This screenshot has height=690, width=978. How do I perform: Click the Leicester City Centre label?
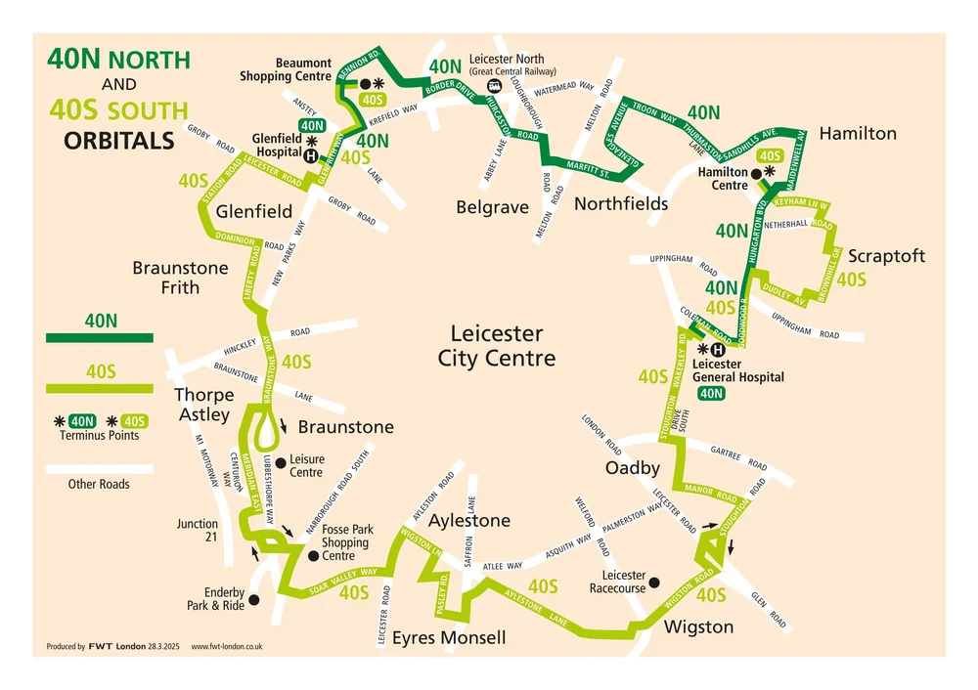pos(496,346)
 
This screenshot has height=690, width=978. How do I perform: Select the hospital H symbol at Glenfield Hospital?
pos(311,155)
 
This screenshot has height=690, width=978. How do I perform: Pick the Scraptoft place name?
pos(886,256)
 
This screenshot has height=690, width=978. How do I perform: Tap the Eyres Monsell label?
pos(449,638)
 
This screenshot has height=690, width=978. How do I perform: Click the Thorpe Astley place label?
pos(203,405)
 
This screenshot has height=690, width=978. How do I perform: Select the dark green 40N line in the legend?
pos(100,337)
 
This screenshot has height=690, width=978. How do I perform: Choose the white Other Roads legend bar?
pos(100,468)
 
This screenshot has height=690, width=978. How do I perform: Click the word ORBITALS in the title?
pos(119,141)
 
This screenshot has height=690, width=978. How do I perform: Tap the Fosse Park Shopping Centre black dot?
pos(313,555)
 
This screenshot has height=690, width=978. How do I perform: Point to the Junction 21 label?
pos(198,531)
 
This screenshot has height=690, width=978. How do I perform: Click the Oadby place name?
pos(633,468)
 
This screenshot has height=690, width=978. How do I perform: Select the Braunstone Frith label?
pos(180,278)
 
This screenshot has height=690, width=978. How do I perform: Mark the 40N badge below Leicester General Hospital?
pos(711,394)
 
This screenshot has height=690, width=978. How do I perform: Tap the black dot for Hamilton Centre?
pos(757,172)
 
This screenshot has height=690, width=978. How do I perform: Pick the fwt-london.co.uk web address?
pos(226,647)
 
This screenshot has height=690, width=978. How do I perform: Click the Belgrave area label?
pos(492,207)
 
